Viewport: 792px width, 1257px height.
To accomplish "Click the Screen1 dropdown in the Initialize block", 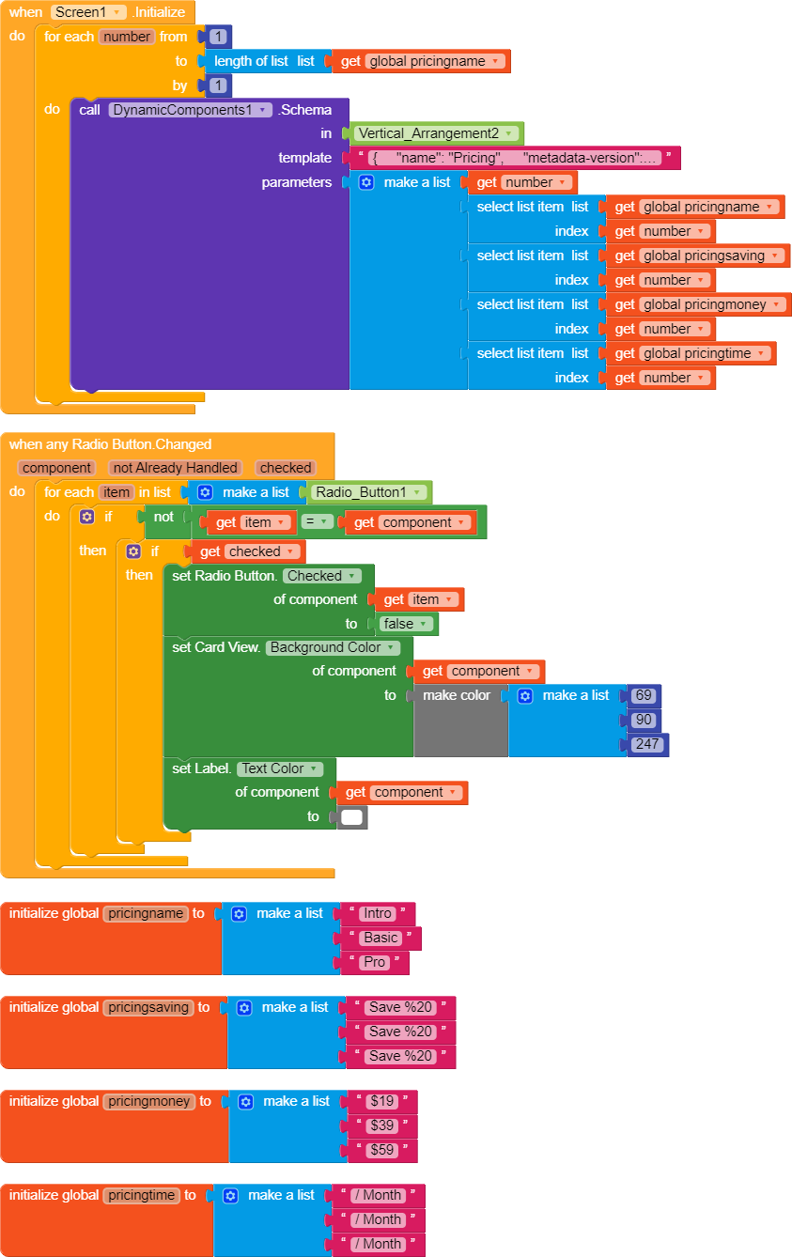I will (x=88, y=12).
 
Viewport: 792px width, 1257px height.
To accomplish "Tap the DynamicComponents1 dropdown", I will (x=190, y=110).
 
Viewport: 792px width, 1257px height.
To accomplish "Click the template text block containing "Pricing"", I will (x=514, y=158).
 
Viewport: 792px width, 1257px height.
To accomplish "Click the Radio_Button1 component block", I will (x=370, y=492).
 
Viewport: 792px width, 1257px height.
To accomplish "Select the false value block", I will (x=407, y=624).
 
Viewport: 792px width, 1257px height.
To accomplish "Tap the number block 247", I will (x=648, y=744).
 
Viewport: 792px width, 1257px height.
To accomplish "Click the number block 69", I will (x=644, y=696).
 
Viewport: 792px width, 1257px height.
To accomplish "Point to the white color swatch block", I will (x=351, y=817).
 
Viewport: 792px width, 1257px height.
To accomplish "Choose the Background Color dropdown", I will (x=334, y=647).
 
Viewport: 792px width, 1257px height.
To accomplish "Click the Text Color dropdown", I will (x=279, y=768).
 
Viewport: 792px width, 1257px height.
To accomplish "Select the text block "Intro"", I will (x=378, y=913).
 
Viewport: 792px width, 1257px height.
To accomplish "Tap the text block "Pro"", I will (x=375, y=962).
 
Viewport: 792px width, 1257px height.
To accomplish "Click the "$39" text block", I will (x=382, y=1125).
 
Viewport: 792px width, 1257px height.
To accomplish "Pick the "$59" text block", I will (x=382, y=1150).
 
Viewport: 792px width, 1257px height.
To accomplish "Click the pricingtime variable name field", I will (x=141, y=1195).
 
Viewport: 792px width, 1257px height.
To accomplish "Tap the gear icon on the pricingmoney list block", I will (x=245, y=1101).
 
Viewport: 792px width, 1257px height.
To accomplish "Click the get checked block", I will (x=249, y=551).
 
